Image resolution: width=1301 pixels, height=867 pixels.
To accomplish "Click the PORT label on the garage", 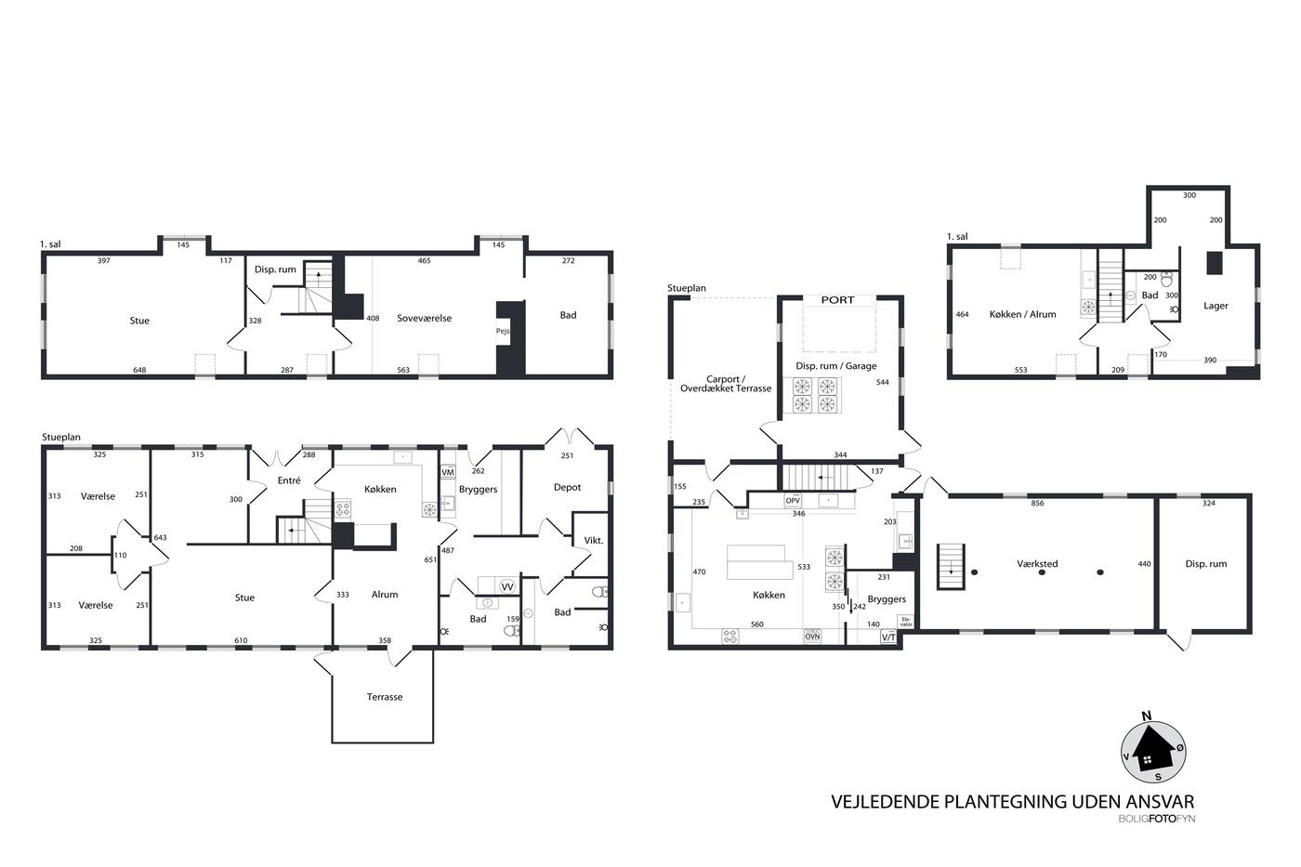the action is coord(837,300).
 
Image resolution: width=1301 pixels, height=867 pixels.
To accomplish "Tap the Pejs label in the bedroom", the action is coord(503,331).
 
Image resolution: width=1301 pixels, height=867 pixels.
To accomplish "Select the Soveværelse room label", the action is coord(424,318).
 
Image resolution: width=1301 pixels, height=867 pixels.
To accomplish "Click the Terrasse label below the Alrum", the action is coord(385,697).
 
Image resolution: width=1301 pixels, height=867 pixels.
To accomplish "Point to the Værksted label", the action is coord(1037,564).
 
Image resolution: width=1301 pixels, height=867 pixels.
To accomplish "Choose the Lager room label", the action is coord(1216,306).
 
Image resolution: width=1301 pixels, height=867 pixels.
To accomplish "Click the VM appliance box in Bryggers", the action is coord(448,472).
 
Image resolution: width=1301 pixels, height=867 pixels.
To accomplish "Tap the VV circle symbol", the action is coord(507,587).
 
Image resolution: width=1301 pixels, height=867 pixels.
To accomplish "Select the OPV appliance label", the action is coord(793,501).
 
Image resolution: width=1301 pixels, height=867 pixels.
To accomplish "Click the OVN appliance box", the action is coord(812,637).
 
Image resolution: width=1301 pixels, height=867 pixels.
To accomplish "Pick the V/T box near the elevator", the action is coord(888,637).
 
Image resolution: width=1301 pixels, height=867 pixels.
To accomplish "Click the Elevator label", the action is coord(906,622).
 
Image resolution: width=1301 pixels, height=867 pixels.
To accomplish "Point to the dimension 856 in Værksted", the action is coord(1037,504).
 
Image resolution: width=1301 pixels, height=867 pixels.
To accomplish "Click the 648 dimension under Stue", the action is coord(139,370).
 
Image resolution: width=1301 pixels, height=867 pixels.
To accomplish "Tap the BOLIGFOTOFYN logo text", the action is coord(1156,819).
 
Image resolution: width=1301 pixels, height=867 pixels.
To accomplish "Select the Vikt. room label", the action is coord(594,541).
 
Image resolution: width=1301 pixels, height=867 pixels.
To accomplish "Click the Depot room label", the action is coord(567,487).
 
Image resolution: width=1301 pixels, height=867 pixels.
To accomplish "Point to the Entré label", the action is coord(289,480).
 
